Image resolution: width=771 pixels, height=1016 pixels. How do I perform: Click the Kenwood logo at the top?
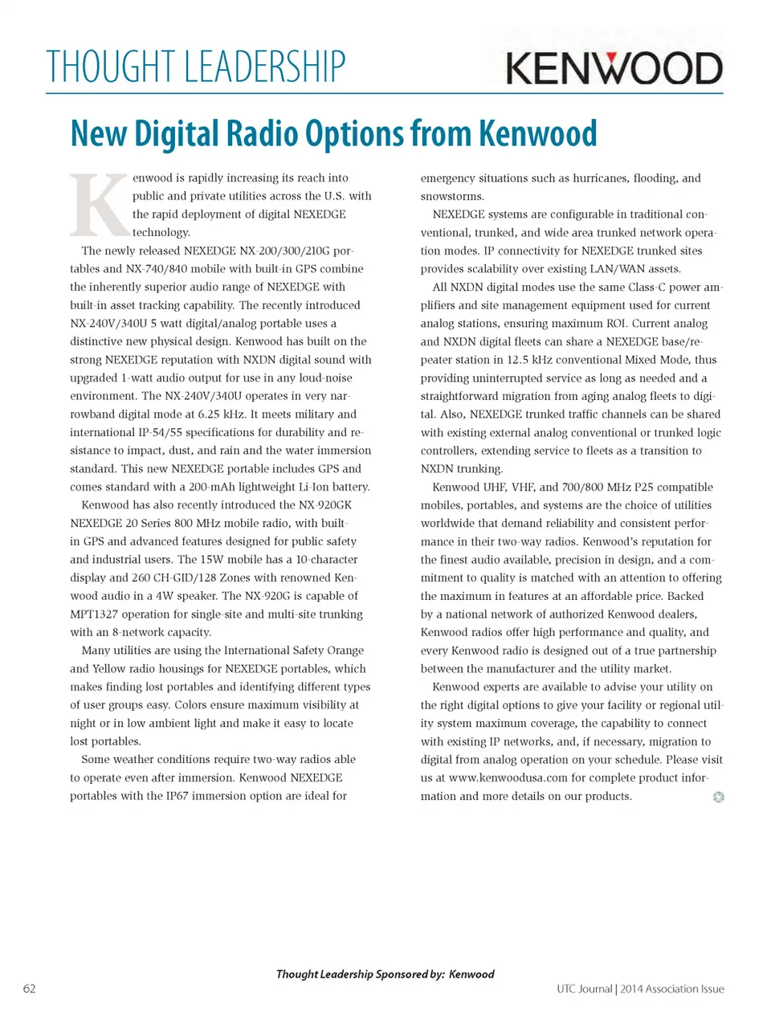pos(614,67)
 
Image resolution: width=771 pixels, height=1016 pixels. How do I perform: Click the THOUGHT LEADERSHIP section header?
pos(196,67)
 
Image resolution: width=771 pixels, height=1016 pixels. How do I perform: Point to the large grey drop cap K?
pos(99,204)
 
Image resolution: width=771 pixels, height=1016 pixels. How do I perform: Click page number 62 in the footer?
pos(29,989)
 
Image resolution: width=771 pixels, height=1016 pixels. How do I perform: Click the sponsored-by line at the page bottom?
pos(385,974)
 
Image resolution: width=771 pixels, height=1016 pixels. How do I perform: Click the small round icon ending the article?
pos(718,797)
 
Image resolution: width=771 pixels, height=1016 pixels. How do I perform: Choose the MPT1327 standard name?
pos(94,614)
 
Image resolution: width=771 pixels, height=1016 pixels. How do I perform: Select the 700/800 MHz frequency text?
pos(596,487)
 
